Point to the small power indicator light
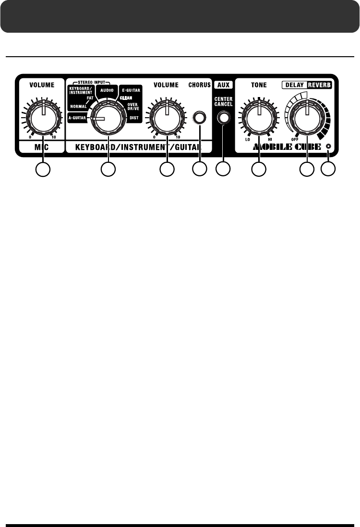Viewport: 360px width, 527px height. (328, 146)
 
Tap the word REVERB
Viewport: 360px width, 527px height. (320, 85)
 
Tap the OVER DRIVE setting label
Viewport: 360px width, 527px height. (133, 106)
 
